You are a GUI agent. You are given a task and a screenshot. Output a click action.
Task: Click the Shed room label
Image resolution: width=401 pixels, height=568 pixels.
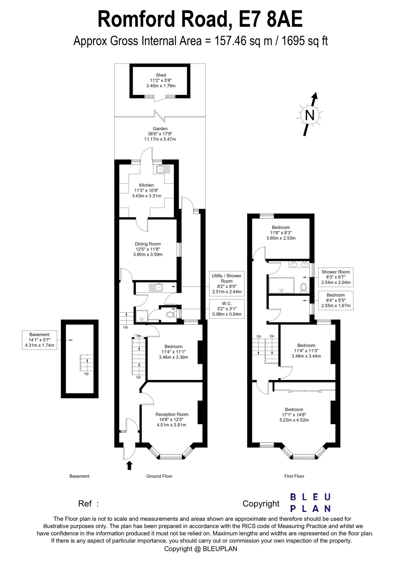[x=161, y=80]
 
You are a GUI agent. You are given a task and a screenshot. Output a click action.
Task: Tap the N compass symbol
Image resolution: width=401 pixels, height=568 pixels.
[x=310, y=115]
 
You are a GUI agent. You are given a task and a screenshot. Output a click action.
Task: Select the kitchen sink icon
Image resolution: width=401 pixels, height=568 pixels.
[x=163, y=169]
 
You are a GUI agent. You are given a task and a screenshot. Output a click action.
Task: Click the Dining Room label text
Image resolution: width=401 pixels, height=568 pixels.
[x=148, y=249]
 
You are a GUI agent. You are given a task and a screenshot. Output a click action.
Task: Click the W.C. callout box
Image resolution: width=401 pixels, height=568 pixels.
[x=226, y=309]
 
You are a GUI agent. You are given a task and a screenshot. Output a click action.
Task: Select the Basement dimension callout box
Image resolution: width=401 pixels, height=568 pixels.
[x=39, y=340]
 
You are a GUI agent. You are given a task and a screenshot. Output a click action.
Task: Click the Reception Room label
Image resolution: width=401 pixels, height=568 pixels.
[x=172, y=419]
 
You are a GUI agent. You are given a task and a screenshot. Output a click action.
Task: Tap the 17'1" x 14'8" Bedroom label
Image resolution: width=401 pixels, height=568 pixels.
[x=294, y=415]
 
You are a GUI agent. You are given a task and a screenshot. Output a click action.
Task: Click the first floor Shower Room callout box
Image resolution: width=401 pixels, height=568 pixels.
[x=336, y=277]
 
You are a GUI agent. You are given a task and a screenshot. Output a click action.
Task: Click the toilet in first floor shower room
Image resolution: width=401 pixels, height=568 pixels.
[x=303, y=287]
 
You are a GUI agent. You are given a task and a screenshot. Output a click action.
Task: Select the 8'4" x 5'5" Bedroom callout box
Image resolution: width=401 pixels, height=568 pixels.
[x=336, y=301]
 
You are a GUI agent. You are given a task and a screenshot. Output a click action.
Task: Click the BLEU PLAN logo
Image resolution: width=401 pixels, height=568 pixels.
[x=310, y=502]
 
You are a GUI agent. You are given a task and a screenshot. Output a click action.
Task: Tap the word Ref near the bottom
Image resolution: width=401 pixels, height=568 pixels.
[x=85, y=503]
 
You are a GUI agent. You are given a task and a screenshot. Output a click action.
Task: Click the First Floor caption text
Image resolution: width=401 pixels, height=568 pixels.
[x=294, y=476]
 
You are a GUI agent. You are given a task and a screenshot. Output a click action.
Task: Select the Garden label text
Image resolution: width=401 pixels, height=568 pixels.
[x=160, y=134]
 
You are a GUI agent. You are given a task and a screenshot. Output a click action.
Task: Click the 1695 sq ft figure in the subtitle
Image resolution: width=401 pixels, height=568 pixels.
[x=305, y=41]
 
